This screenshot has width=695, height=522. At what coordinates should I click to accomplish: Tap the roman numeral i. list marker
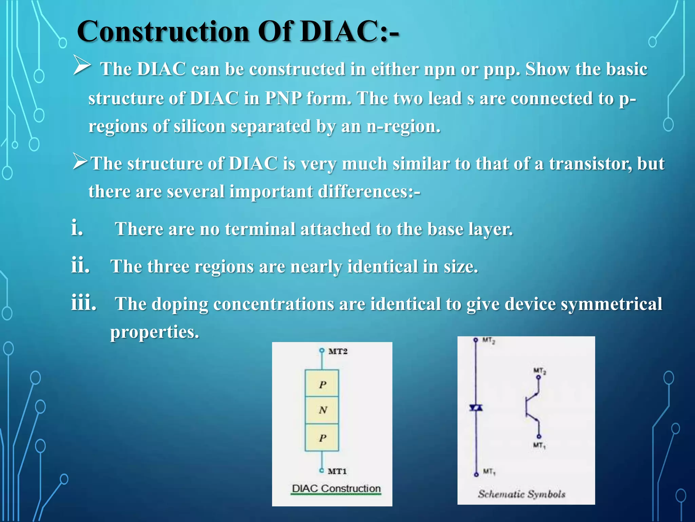tap(77, 228)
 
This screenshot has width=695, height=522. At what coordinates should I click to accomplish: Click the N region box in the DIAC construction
tap(322, 410)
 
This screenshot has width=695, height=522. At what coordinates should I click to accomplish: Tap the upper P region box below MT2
tap(322, 384)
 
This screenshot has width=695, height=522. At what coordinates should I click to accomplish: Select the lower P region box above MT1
tap(322, 438)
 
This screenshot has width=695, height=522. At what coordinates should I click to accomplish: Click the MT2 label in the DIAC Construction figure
tap(338, 351)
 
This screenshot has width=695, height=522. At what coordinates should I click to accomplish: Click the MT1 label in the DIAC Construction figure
tap(337, 471)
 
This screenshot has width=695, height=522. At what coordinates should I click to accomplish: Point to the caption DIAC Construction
tap(336, 488)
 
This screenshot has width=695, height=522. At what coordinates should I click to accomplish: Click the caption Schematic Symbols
tap(522, 494)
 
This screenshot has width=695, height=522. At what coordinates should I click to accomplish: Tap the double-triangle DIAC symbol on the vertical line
tap(476, 407)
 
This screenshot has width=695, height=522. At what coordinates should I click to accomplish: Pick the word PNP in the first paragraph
tap(283, 99)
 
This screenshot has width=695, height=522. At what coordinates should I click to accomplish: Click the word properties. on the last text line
tap(154, 332)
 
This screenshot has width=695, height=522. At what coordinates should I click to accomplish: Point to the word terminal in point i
tap(260, 229)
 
